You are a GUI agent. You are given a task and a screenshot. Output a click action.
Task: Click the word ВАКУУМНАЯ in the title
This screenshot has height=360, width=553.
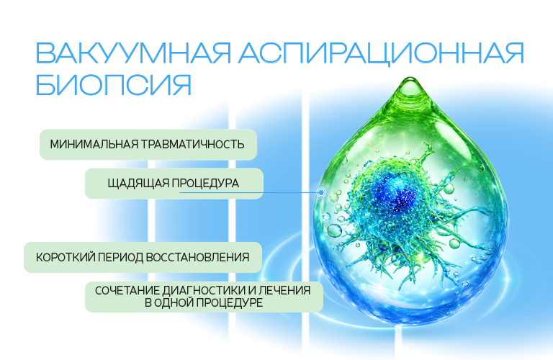click(x=134, y=53)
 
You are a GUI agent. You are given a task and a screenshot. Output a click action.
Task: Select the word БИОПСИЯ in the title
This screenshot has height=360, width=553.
click(x=114, y=85)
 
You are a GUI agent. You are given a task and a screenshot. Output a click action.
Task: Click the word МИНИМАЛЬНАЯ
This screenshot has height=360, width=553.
click(x=94, y=144)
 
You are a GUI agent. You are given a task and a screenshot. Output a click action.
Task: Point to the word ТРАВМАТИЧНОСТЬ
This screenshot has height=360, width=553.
click(x=193, y=144)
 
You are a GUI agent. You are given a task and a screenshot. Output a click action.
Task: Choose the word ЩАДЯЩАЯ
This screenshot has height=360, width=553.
click(x=138, y=184)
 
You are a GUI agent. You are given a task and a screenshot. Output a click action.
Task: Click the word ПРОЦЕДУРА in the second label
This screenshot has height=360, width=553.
click(x=205, y=184)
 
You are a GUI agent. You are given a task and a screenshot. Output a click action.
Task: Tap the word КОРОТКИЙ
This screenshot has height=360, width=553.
click(x=66, y=257)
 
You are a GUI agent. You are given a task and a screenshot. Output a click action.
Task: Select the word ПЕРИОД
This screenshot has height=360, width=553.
click(x=120, y=257)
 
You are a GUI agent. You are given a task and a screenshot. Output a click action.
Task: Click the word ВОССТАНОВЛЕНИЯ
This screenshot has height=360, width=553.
click(x=197, y=257)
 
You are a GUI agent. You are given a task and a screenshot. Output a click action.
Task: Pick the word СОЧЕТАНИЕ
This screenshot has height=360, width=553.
click(x=127, y=291)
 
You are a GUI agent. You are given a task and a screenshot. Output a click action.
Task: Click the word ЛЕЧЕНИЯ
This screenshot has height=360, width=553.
click(x=284, y=291)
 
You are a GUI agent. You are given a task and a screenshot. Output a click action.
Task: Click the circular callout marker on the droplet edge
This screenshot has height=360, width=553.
click(x=321, y=192)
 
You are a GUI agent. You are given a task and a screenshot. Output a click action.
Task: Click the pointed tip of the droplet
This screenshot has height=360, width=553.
click(x=411, y=78)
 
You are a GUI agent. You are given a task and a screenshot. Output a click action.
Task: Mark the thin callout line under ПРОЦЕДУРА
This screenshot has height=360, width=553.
click(x=248, y=192)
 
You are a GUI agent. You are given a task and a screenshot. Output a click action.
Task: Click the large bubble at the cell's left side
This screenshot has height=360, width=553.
click(x=334, y=230)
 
